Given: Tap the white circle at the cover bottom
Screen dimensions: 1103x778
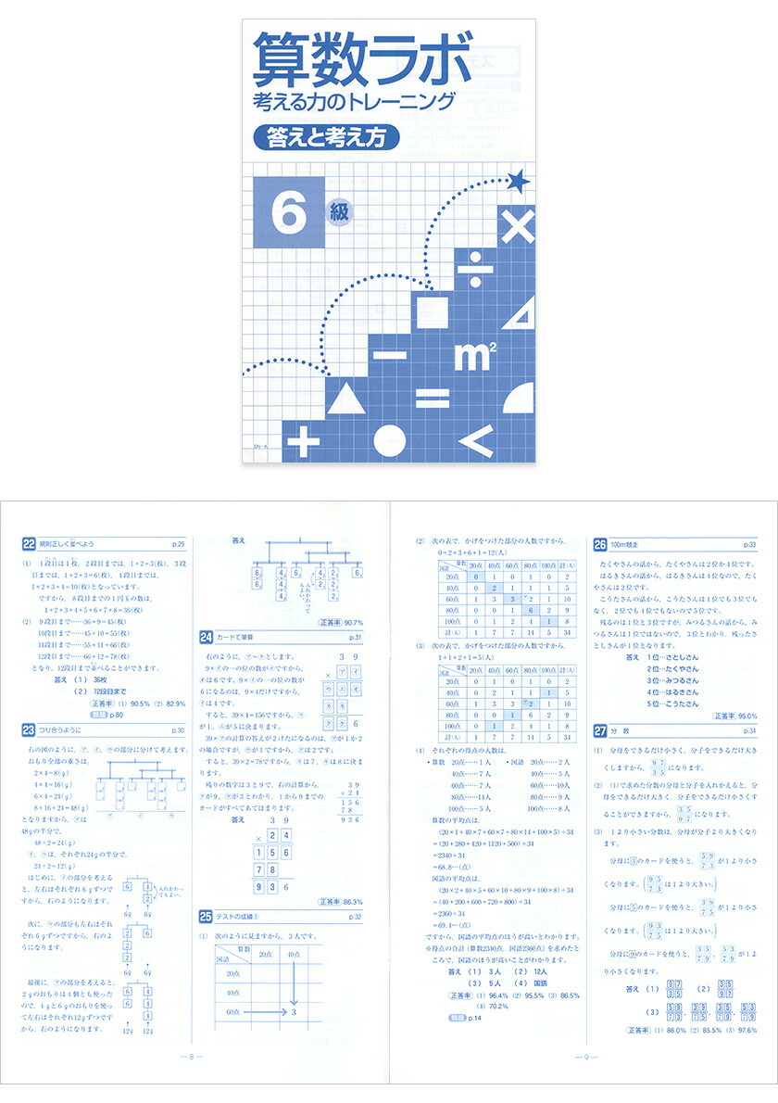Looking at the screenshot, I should [x=388, y=443].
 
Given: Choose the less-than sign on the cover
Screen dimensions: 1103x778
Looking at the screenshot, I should [x=475, y=442].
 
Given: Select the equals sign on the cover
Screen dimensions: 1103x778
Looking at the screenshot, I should [x=431, y=399].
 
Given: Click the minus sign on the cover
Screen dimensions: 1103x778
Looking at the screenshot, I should [x=390, y=354].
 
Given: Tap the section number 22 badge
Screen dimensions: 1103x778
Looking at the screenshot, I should [x=29, y=543].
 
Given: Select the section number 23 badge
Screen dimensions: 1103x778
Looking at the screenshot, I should [x=29, y=730].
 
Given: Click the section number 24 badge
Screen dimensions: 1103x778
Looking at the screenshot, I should [x=207, y=636].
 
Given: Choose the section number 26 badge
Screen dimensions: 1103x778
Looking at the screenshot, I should [x=600, y=543].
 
